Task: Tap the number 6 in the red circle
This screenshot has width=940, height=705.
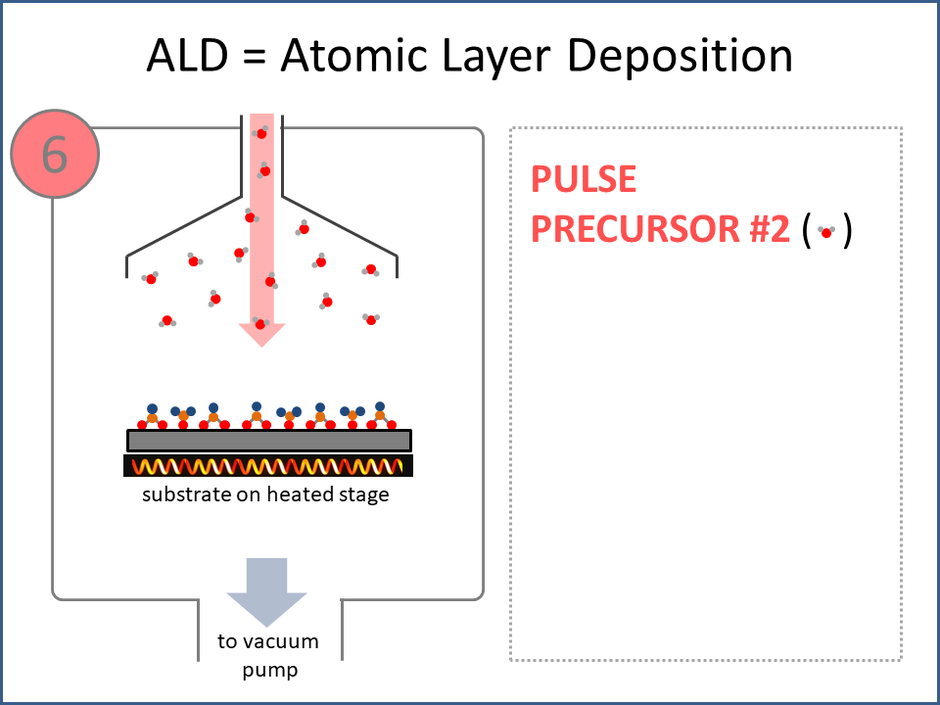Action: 55,155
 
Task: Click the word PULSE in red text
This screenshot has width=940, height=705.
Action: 583,179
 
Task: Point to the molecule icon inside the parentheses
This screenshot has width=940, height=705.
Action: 827,231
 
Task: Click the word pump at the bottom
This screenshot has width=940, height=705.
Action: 270,671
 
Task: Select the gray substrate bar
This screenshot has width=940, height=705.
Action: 268,441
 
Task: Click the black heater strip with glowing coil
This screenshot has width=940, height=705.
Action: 268,466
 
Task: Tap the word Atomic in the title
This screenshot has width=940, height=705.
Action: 349,57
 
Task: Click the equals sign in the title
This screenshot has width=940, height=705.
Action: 258,57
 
